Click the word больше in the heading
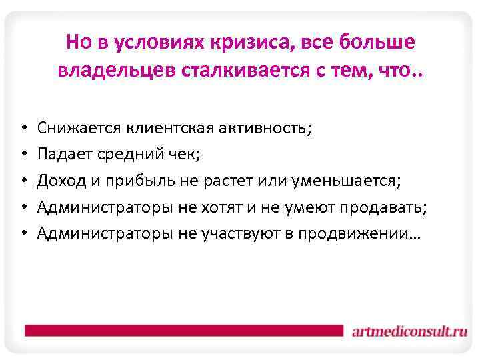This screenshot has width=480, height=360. (x=380, y=43)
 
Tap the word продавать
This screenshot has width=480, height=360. (x=383, y=207)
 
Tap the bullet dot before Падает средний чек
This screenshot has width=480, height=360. (x=23, y=155)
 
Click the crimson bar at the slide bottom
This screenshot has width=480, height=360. (x=180, y=330)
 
